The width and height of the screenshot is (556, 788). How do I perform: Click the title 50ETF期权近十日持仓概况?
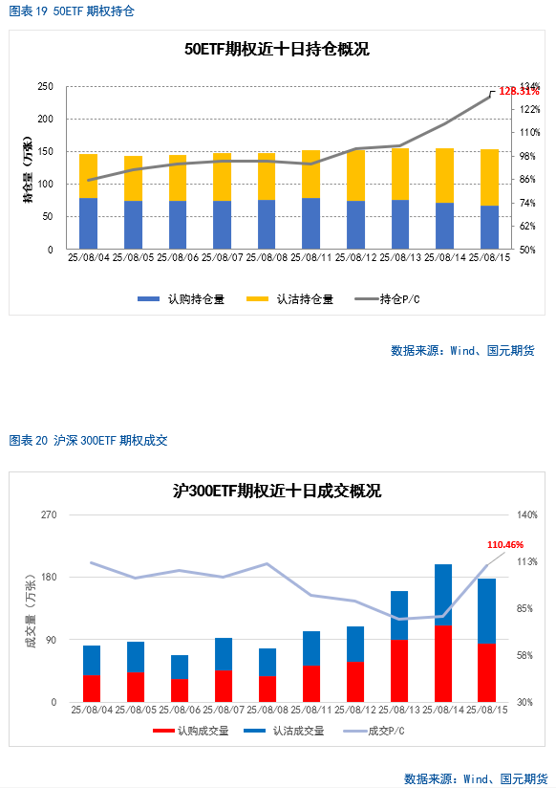pos(277,50)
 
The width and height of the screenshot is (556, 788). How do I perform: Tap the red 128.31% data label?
pos(519,91)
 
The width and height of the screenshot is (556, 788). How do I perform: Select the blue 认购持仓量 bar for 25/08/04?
pos(89,224)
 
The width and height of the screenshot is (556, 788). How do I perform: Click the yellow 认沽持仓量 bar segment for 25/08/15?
pos(489,178)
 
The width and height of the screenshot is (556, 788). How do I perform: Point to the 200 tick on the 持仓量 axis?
pos(45,120)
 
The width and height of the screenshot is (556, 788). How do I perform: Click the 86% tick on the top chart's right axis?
pos(527,180)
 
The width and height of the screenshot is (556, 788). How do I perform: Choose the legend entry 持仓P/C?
pos(387,299)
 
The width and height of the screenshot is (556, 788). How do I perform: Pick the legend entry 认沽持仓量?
pos(289,299)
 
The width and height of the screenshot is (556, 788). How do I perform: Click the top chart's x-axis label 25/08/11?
pos(310,257)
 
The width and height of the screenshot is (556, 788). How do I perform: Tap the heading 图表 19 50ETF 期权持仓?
pos(72,11)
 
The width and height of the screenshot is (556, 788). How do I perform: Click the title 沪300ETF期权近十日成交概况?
pos(277,491)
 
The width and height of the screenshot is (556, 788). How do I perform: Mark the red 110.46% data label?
pos(505,545)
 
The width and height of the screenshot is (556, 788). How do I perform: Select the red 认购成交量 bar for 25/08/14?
pos(443,664)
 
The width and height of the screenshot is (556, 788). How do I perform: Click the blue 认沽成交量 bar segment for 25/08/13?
pos(399,616)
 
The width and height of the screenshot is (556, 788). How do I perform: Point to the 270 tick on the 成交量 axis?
pos(49,514)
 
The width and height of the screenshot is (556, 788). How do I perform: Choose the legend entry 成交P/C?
pos(374,731)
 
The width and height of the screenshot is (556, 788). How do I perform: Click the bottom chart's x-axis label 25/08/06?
pos(180,711)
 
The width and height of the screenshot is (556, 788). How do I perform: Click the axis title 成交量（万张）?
pos(32,611)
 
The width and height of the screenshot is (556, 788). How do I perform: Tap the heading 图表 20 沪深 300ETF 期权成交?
pos(89,441)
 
